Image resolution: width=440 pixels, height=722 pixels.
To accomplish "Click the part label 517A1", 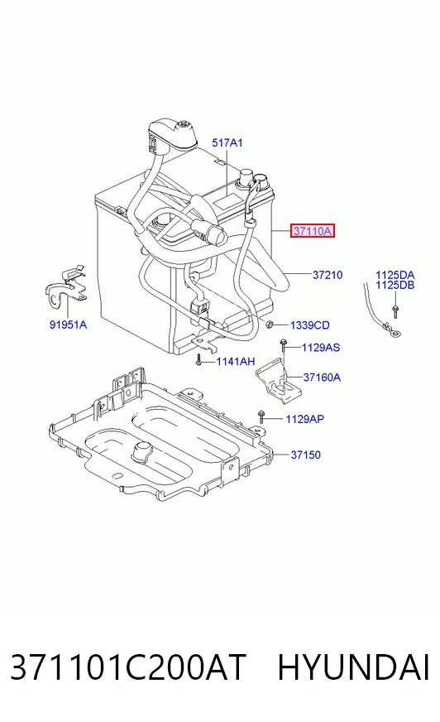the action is point(227,143).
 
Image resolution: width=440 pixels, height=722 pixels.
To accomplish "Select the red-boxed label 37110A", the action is point(312,231).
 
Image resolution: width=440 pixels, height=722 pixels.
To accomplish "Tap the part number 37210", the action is point(328,275).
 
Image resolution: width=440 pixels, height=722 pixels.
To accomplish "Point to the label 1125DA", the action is point(395,276).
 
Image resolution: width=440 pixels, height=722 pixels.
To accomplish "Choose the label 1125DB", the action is point(395,285).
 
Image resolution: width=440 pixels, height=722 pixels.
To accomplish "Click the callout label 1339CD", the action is point(310,325).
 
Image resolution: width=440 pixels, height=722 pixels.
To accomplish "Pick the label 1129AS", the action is point(320,347).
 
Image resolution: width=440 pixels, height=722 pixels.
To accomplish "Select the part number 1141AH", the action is point(236,362).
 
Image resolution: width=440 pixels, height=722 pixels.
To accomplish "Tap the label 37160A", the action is point(322,378).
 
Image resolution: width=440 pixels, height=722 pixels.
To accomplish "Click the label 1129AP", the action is point(305,419).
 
